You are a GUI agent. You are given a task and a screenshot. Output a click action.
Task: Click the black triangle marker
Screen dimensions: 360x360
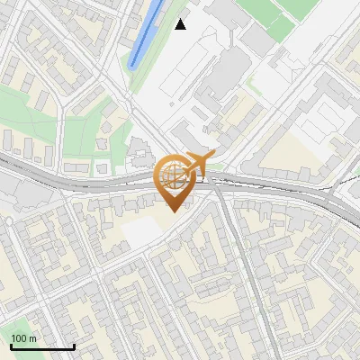point(181,24)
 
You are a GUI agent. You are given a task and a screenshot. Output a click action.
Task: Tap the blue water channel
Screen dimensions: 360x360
point(145,36)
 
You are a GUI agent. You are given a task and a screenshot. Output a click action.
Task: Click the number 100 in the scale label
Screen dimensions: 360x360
point(18,338)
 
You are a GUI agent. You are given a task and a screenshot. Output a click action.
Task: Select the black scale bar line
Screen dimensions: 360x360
point(42,346)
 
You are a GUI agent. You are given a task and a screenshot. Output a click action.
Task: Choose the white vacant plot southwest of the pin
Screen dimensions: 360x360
point(139,231)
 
